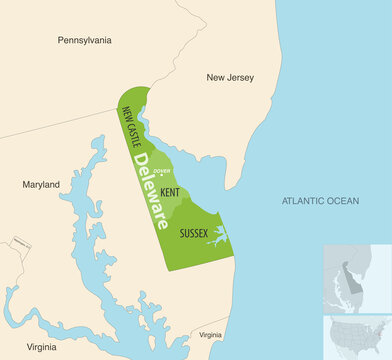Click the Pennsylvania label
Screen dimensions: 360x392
tap(84, 41)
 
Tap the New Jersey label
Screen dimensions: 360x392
tap(230, 77)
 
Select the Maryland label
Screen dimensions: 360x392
tap(41, 184)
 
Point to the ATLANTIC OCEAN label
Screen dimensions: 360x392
tap(320, 201)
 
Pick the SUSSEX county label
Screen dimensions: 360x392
tap(193, 233)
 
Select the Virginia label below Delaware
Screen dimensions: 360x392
tap(211, 334)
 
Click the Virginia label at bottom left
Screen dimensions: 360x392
tap(41, 347)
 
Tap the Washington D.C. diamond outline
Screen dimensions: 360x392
tap(17, 244)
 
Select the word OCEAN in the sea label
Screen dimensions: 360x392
tap(341, 201)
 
